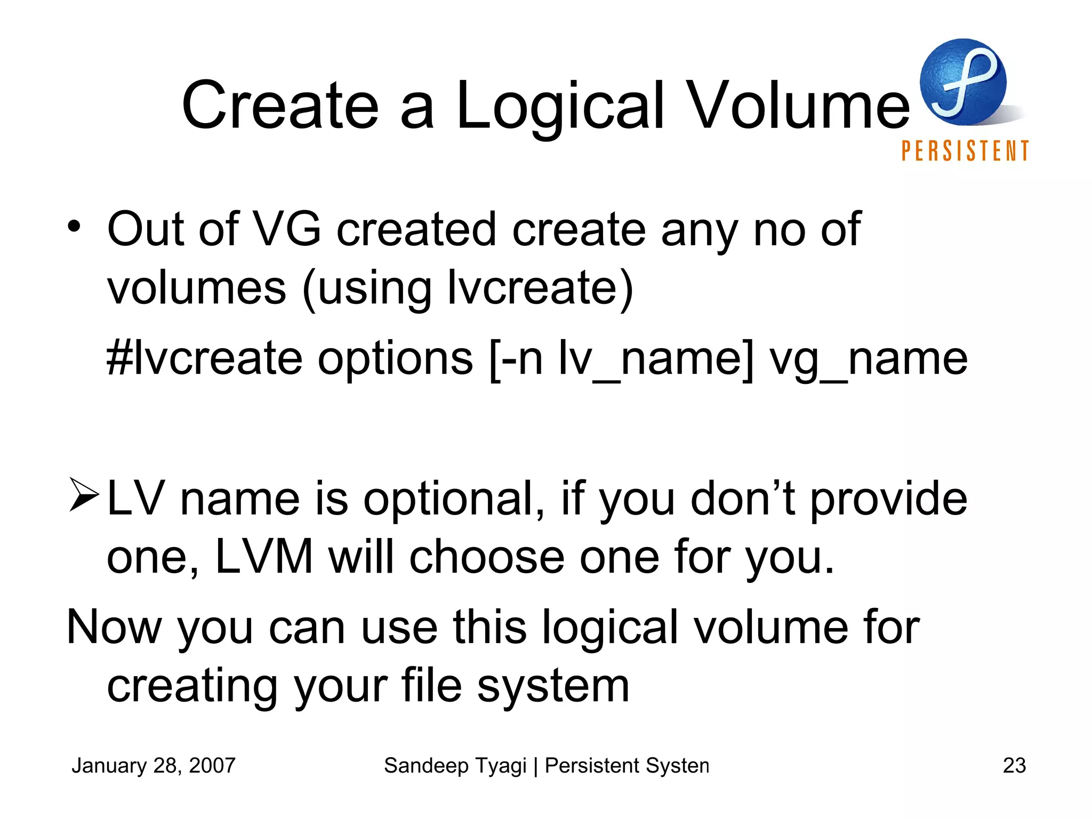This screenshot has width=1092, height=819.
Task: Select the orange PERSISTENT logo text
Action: (x=965, y=151)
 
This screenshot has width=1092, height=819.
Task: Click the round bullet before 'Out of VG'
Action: (x=74, y=227)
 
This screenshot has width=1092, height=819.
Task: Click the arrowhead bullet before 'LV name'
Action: (x=84, y=496)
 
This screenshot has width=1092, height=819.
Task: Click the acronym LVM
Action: (x=264, y=557)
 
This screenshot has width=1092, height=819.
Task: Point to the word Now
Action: (x=114, y=628)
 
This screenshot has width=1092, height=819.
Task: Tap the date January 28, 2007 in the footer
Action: (x=154, y=766)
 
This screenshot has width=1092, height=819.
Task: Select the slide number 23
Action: (x=1014, y=766)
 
